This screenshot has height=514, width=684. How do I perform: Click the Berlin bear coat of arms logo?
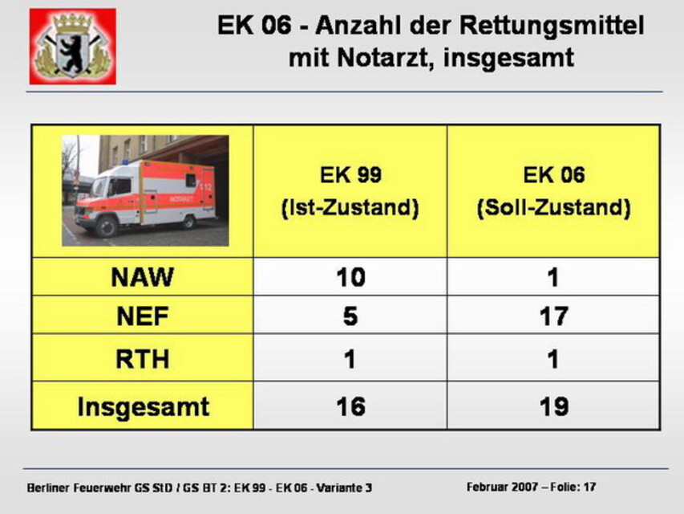click(x=73, y=47)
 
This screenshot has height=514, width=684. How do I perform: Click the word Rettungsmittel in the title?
click(x=552, y=25)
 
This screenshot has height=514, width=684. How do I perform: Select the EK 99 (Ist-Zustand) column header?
click(x=350, y=191)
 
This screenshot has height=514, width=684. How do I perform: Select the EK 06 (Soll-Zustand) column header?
click(x=553, y=191)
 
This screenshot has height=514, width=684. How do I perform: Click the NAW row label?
click(x=143, y=276)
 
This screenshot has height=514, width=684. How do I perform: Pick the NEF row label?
click(x=143, y=316)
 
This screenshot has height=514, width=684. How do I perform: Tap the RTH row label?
click(x=143, y=358)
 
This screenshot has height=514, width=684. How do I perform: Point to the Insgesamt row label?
click(x=143, y=407)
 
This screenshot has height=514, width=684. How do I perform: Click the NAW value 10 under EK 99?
click(x=350, y=276)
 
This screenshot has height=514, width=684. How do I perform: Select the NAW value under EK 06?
click(x=553, y=276)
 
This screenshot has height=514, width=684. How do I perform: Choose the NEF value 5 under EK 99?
click(x=350, y=316)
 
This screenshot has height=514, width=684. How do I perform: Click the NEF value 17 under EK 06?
click(x=553, y=316)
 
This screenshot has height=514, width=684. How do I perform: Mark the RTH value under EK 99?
click(x=350, y=359)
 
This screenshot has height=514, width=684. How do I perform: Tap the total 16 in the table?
click(x=350, y=406)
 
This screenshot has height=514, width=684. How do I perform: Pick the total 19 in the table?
click(x=554, y=406)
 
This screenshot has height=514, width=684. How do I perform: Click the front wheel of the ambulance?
click(x=106, y=226)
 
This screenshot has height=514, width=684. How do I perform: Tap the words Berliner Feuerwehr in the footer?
click(x=79, y=487)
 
